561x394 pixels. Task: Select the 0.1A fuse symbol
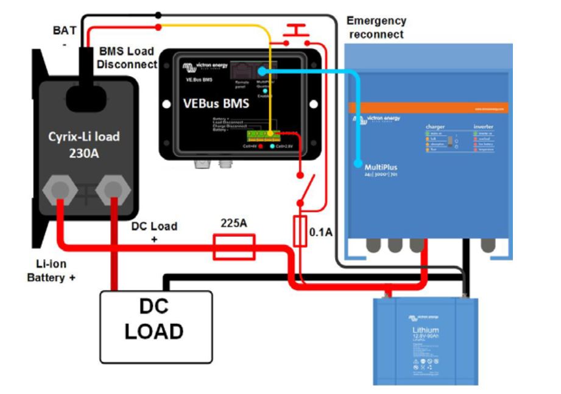[x=300, y=231]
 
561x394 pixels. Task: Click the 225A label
[x=233, y=223]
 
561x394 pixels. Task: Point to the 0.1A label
[x=322, y=232]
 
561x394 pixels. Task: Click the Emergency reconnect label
[x=376, y=27]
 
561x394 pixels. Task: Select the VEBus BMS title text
[x=216, y=104]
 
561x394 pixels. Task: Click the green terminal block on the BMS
[x=261, y=133]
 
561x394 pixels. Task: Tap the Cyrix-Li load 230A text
[x=84, y=144]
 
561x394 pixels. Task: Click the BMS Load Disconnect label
[x=126, y=58]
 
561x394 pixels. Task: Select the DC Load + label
[x=154, y=232]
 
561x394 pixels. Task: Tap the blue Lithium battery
[x=422, y=338]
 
